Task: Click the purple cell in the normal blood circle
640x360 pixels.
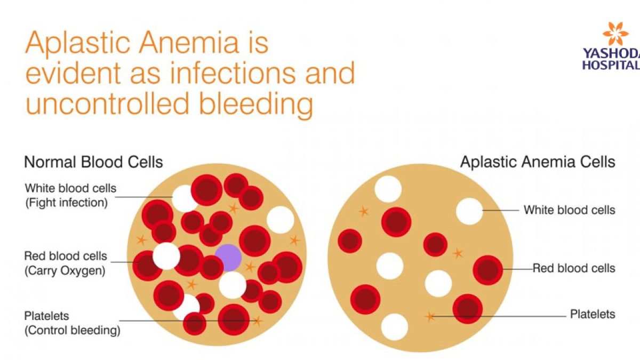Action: click(228, 258)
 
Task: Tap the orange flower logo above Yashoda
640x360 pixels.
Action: click(615, 34)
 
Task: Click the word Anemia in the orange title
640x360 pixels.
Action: click(189, 43)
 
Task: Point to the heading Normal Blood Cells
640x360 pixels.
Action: click(93, 162)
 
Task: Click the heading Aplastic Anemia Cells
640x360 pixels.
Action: click(538, 162)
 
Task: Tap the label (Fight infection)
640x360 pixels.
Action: click(67, 203)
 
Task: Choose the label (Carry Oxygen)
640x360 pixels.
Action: click(65, 270)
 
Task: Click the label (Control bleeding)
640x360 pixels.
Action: click(73, 330)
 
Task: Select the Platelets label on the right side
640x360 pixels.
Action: click(593, 314)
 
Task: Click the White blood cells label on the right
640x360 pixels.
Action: click(570, 210)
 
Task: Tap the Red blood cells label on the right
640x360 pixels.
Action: click(574, 268)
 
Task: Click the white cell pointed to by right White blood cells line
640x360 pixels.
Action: click(469, 211)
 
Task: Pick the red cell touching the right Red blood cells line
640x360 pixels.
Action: click(487, 270)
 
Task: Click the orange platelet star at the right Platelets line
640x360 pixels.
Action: click(430, 317)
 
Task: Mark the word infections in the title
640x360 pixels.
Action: click(233, 74)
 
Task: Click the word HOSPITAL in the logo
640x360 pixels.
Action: click(611, 65)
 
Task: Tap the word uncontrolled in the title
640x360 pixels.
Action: click(108, 103)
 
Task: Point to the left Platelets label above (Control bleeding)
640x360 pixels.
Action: click(46, 316)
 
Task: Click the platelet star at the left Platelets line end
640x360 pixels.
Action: click(257, 321)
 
